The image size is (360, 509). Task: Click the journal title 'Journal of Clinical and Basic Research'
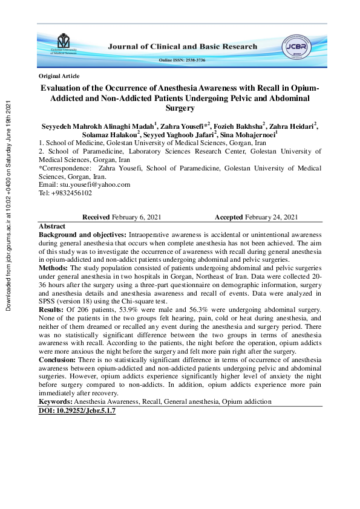183,47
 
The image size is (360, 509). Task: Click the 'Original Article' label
59,76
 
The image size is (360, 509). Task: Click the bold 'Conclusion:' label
59,359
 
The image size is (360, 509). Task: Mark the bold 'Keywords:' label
56,401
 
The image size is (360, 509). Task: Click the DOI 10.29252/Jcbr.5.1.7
77,410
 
